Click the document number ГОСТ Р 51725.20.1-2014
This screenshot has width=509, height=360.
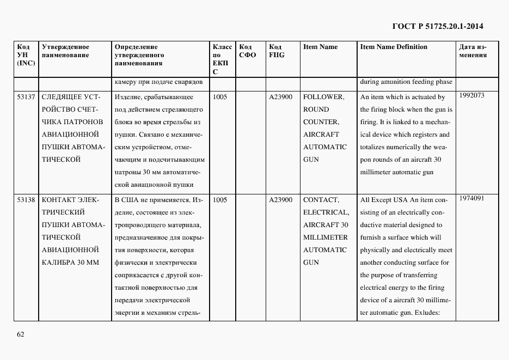pos(438,26)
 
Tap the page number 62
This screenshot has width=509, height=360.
pos(20,334)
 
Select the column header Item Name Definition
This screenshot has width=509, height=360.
pos(394,47)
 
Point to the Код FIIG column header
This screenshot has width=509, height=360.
pos(277,51)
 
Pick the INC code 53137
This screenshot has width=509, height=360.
pos(26,97)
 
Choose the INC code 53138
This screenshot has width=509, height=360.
pos(26,200)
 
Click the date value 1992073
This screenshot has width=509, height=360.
pos(471,95)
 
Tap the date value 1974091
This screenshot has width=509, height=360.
pos(471,198)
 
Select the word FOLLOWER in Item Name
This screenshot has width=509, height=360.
pos(323,97)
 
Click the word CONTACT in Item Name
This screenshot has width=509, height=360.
pos(321,200)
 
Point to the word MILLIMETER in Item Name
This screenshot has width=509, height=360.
pos(325,237)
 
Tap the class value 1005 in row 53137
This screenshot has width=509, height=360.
pos(220,97)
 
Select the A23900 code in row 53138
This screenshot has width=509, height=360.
pos(281,200)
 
